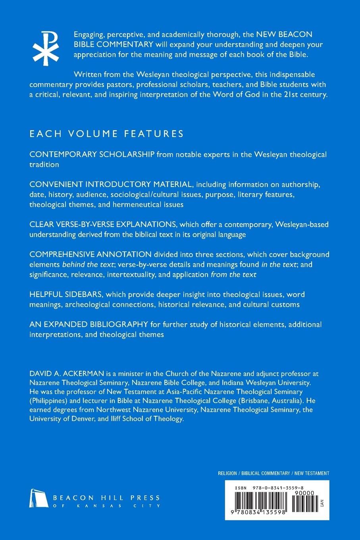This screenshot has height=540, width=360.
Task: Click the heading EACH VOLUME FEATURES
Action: click(x=106, y=133)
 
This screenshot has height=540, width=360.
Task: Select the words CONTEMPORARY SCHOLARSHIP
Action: click(x=92, y=154)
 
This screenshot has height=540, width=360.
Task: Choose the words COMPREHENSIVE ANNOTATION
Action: click(x=90, y=254)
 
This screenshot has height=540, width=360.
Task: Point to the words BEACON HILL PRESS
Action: click(x=106, y=498)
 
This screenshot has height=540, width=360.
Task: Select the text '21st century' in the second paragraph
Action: click(x=307, y=95)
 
